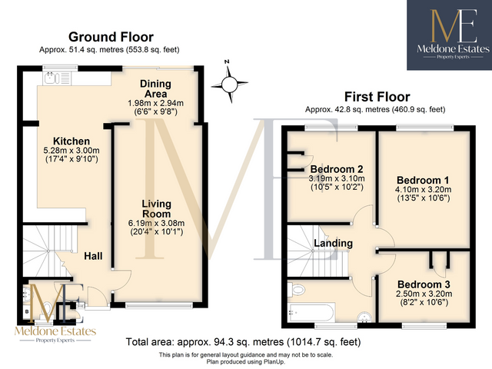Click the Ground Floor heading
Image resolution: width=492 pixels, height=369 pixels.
pyautogui.click(x=111, y=36)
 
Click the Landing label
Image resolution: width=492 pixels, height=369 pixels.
pyautogui.click(x=333, y=244)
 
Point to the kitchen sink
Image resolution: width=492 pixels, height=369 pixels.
pyautogui.click(x=54, y=77)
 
